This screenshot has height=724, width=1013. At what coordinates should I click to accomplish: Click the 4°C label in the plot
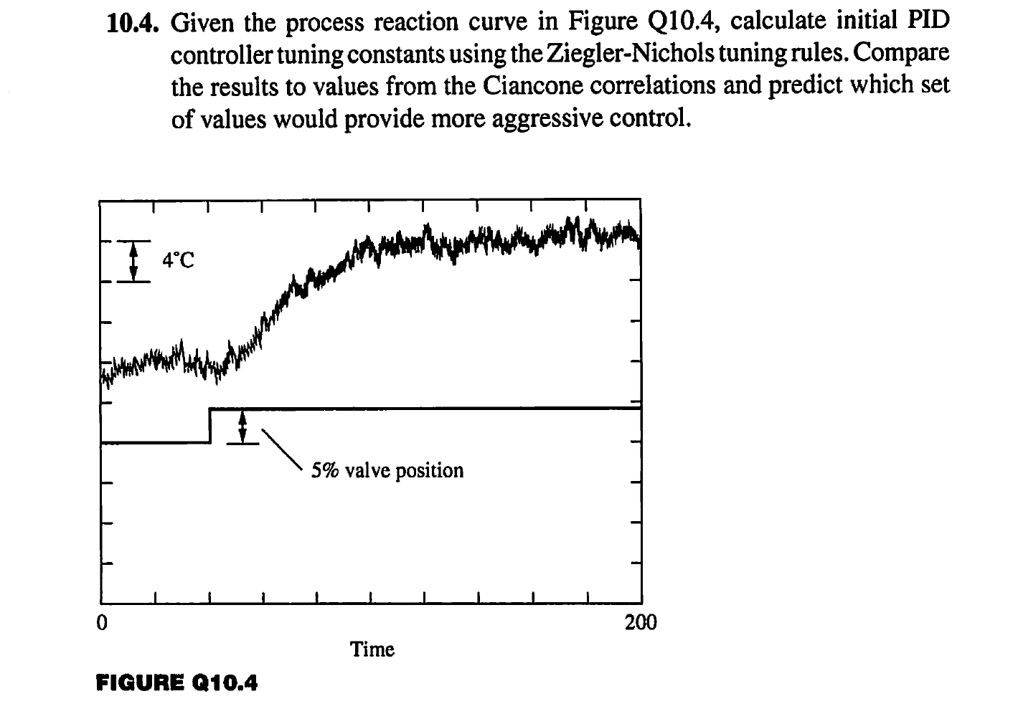177,260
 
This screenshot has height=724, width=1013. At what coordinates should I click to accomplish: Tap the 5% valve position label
387,470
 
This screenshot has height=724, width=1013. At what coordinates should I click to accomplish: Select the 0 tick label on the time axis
103,622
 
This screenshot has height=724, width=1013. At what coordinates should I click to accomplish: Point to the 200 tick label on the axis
640,622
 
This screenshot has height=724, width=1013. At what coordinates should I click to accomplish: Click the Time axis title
372,649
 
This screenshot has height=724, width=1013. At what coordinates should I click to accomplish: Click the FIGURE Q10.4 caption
176,683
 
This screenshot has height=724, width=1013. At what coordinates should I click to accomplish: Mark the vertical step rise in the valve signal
209,426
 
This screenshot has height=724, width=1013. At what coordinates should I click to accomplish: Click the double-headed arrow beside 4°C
133,261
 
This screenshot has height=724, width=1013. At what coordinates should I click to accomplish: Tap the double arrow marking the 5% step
242,427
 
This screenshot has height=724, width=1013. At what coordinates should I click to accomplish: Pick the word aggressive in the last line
548,118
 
